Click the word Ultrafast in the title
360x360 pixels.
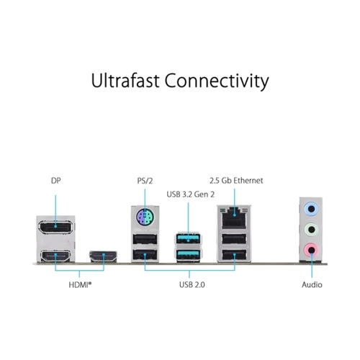(125, 81)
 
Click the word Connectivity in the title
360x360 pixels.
(217, 81)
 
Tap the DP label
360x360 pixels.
(56, 181)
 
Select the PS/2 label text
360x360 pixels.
(145, 181)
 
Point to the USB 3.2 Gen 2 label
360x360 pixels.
(191, 194)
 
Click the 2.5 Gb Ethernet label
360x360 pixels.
(236, 181)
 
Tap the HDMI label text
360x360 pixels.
(80, 285)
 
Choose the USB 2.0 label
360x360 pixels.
(192, 284)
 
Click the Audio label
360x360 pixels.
(312, 284)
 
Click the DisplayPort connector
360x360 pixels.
(55, 227)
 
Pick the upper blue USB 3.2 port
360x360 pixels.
(188, 239)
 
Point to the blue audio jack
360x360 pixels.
(311, 209)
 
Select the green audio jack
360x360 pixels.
(311, 230)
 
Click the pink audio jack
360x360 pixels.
(311, 250)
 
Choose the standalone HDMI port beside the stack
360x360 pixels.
(104, 256)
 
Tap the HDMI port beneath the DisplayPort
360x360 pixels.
(55, 256)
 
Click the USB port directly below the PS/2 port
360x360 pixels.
(145, 239)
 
